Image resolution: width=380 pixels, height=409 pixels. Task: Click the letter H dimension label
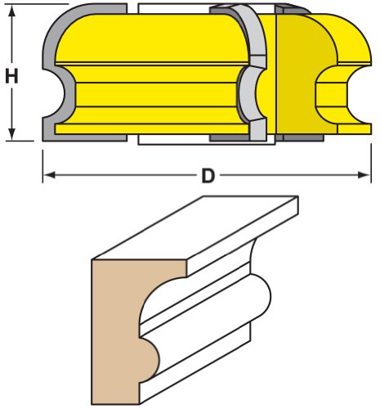[x=11, y=76]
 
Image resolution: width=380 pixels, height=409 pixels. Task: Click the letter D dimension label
[x=208, y=176]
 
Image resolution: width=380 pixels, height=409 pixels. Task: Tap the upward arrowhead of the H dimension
[x=11, y=11]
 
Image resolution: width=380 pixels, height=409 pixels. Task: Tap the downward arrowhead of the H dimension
[x=11, y=134]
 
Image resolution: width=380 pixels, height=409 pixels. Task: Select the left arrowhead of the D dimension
[x=49, y=175]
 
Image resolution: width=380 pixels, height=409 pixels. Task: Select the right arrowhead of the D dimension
[x=364, y=175]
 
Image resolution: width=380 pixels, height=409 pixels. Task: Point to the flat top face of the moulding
[x=194, y=227]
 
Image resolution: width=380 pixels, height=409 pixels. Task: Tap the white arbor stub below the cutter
[x=206, y=142]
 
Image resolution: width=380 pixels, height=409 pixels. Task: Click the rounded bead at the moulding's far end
[x=261, y=296]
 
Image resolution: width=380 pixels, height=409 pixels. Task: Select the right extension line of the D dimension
[x=371, y=163]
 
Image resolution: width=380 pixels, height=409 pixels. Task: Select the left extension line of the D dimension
[x=42, y=166]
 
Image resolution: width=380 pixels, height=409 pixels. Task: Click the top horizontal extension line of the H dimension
[x=37, y=4]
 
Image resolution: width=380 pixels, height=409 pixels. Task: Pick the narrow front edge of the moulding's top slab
[x=243, y=236]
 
